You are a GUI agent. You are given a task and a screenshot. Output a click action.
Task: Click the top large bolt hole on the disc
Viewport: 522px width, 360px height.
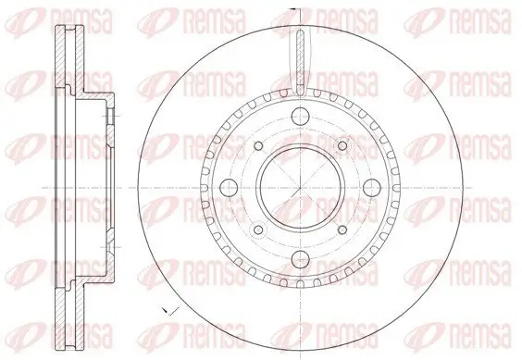click(300, 116)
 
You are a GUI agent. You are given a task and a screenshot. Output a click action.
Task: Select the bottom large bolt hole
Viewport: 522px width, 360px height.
click(300, 259)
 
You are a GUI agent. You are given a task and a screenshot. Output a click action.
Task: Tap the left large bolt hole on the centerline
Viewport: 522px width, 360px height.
click(229, 188)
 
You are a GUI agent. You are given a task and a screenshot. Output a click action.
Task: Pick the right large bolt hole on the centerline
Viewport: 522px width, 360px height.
click(372, 188)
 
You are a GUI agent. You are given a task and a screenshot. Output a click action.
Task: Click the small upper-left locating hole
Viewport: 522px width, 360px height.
click(258, 145)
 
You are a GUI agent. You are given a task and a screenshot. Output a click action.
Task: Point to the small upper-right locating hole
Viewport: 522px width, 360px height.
click(342, 145)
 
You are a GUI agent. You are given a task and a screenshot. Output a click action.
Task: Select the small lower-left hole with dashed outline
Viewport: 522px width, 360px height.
click(258, 230)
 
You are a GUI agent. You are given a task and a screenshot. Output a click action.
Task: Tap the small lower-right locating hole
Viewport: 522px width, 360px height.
click(342, 230)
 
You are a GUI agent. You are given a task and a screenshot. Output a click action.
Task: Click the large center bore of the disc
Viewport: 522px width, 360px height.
click(300, 188)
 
